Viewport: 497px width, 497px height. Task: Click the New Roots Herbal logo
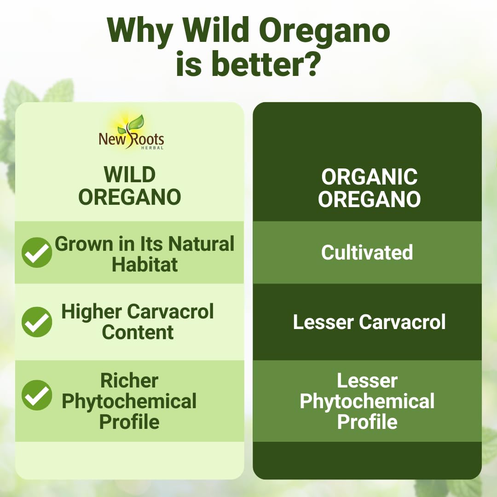(131, 133)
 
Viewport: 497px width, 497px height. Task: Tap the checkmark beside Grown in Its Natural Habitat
(37, 253)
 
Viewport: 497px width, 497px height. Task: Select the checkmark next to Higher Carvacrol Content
(37, 322)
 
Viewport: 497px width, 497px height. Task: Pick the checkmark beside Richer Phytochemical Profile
(37, 395)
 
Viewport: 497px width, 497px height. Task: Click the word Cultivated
(367, 252)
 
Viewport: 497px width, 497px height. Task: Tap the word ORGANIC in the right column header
(369, 177)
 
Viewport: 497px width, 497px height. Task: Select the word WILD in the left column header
(130, 174)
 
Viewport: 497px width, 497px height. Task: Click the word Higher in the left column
(92, 312)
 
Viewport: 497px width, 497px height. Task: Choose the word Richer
(129, 381)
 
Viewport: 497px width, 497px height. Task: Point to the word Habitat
(144, 265)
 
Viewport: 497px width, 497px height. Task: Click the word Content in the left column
(138, 332)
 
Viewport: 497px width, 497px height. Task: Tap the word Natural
(201, 244)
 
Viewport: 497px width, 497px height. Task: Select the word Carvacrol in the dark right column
(402, 322)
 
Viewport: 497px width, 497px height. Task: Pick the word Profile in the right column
(367, 422)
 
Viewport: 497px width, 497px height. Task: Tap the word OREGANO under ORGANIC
(369, 199)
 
